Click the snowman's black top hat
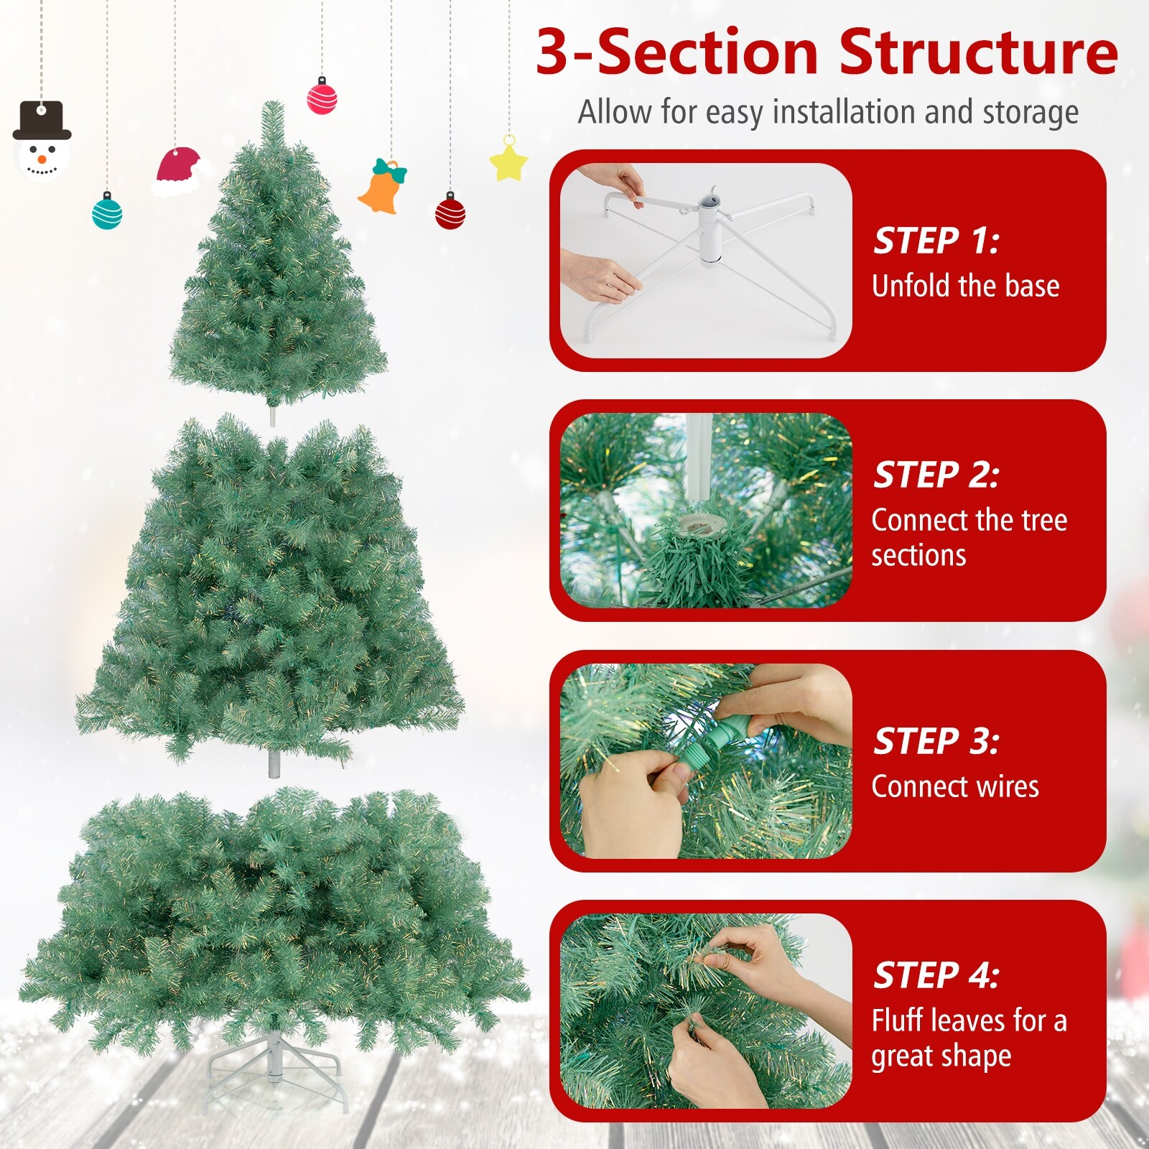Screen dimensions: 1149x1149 coord(42,121)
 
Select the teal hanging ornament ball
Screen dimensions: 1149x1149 coord(107,213)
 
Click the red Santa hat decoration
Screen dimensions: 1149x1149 coord(178,171)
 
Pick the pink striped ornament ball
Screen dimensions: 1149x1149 coord(322,98)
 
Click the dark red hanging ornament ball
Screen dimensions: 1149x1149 coord(450,213)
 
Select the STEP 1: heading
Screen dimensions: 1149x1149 coord(935,241)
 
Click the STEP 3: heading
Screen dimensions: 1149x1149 coord(935,741)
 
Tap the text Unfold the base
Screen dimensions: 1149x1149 coord(965,286)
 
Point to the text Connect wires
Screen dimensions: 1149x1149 coord(954,786)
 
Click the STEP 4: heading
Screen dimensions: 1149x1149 coord(935,975)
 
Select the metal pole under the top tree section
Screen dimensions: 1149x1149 coord(272,416)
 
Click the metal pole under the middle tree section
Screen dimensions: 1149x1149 coord(273,763)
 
